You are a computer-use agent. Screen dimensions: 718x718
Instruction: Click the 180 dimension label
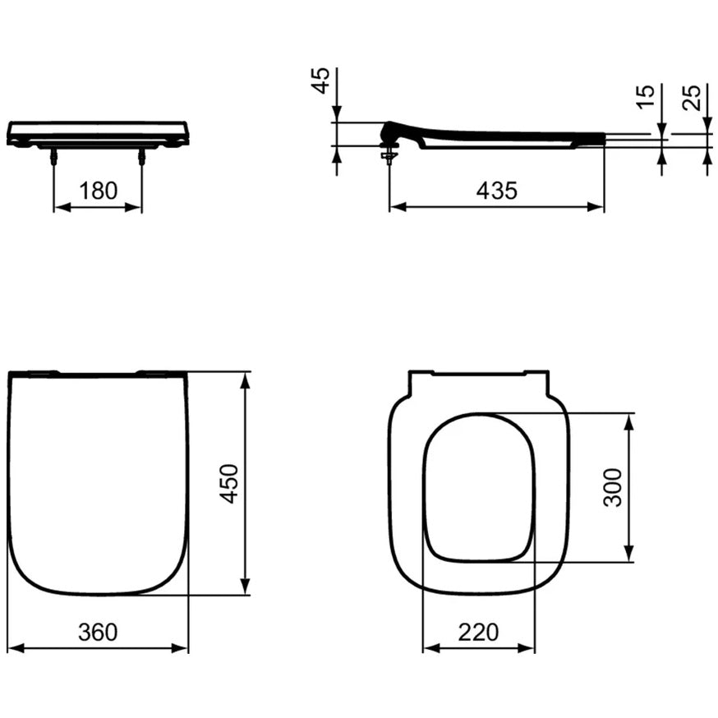(x=98, y=191)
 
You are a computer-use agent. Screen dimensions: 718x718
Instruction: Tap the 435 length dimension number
(x=497, y=191)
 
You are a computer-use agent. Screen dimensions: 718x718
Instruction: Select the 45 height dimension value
(x=320, y=81)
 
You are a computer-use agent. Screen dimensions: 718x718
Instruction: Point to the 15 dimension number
(x=646, y=97)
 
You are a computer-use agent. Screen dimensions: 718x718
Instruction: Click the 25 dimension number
(x=692, y=98)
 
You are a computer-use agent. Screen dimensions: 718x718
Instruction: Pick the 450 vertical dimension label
(x=230, y=484)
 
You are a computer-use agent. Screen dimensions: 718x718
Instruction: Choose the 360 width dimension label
(x=98, y=632)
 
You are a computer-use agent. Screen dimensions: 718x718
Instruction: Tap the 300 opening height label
(x=613, y=487)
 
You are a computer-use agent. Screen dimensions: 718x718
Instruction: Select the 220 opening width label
(x=478, y=632)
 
